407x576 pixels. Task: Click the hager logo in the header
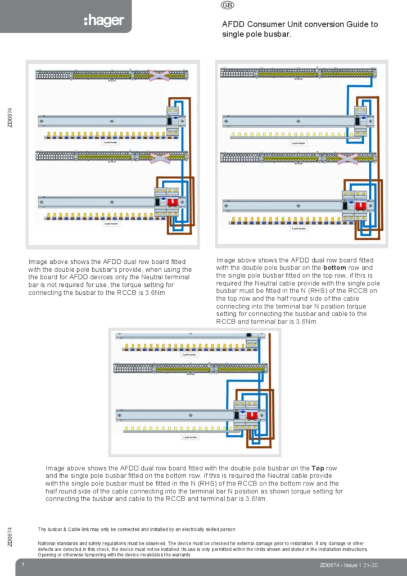click(104, 21)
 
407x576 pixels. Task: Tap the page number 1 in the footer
click(22, 564)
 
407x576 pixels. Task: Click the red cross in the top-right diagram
click(347, 159)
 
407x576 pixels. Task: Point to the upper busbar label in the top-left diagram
click(110, 143)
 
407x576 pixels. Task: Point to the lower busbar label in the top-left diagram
click(111, 224)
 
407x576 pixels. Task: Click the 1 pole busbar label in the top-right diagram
click(298, 143)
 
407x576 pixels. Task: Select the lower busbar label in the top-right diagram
click(298, 228)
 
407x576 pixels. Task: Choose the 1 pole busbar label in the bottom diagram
click(190, 437)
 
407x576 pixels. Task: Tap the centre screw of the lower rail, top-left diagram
click(111, 201)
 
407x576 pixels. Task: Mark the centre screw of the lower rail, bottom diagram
click(190, 415)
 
